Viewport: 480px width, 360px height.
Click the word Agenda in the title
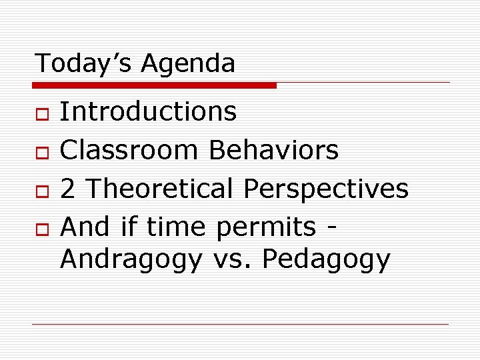pyautogui.click(x=189, y=65)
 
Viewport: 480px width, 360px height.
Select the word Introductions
pyautogui.click(x=148, y=111)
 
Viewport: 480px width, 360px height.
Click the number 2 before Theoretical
pyautogui.click(x=67, y=189)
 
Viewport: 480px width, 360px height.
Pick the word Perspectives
pyautogui.click(x=326, y=190)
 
